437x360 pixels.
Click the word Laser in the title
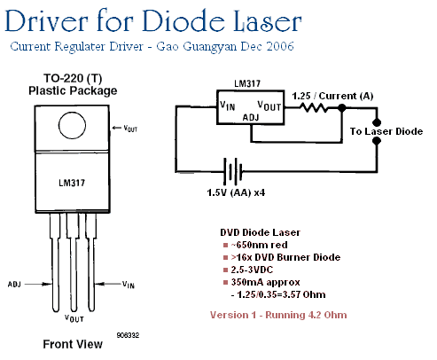point(268,20)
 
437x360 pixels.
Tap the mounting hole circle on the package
point(72,125)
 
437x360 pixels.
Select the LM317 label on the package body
point(72,183)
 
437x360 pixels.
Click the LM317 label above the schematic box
point(247,83)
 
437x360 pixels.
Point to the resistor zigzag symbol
point(314,107)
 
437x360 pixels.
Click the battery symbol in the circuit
point(233,171)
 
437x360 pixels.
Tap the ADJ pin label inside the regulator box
point(251,118)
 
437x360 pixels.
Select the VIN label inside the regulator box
point(228,106)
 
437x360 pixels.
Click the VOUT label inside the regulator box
point(269,106)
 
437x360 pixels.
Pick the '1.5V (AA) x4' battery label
point(236,192)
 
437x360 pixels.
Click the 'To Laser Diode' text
point(386,131)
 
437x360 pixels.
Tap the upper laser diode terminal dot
point(377,122)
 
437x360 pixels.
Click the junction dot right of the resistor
point(342,108)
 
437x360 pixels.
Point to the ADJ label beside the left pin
point(14,285)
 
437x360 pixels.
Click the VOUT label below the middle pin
point(74,318)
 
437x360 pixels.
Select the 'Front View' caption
point(73,344)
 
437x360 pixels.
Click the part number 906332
point(128,335)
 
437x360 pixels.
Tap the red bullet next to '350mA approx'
point(226,282)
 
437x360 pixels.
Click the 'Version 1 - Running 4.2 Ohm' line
point(278,315)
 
